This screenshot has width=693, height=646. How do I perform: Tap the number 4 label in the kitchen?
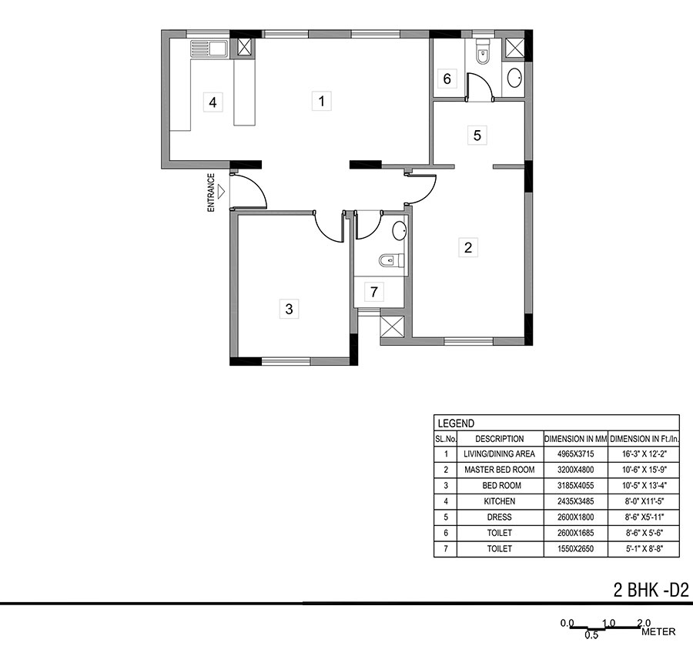click(213, 102)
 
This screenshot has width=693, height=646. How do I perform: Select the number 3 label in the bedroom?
click(289, 310)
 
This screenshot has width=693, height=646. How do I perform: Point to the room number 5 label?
click(477, 136)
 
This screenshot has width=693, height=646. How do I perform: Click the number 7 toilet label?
click(374, 292)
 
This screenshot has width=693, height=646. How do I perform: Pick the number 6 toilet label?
click(447, 79)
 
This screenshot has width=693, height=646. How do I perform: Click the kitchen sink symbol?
click(208, 49)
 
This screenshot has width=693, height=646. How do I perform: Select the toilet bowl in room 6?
click(482, 53)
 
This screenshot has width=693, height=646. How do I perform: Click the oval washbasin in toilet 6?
click(514, 77)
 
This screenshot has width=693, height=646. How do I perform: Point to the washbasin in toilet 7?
click(399, 229)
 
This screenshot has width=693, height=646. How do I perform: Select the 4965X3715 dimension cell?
click(575, 454)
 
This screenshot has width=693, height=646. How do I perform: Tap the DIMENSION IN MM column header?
click(575, 438)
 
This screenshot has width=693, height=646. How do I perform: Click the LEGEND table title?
click(456, 423)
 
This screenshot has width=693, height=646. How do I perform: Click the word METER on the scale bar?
click(658, 632)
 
